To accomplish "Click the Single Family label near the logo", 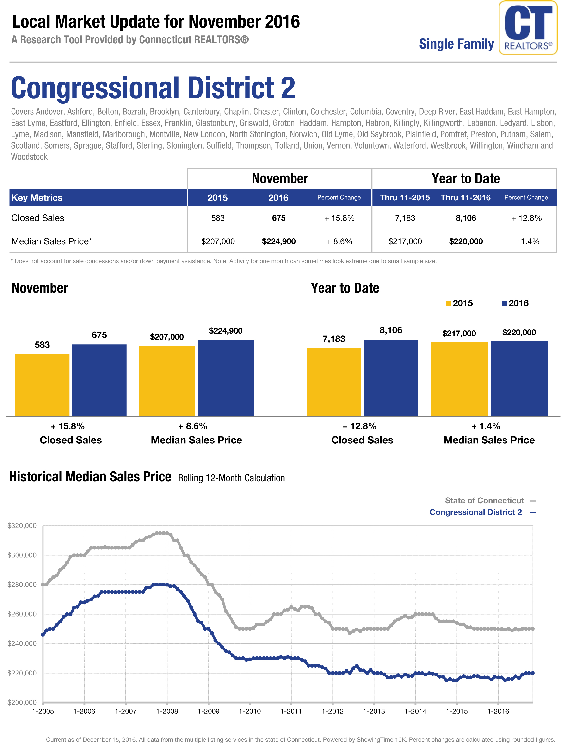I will (456, 44).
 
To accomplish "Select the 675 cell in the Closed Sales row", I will (278, 218).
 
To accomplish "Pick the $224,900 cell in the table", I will (278, 241).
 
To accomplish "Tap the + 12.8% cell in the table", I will (526, 218).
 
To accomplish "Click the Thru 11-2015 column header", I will (405, 198).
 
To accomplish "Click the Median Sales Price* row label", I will (51, 241).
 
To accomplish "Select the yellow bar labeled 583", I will (42, 385).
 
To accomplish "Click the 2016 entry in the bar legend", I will (515, 303).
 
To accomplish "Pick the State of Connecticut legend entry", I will (484, 500).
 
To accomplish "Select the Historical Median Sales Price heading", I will (90, 477).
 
